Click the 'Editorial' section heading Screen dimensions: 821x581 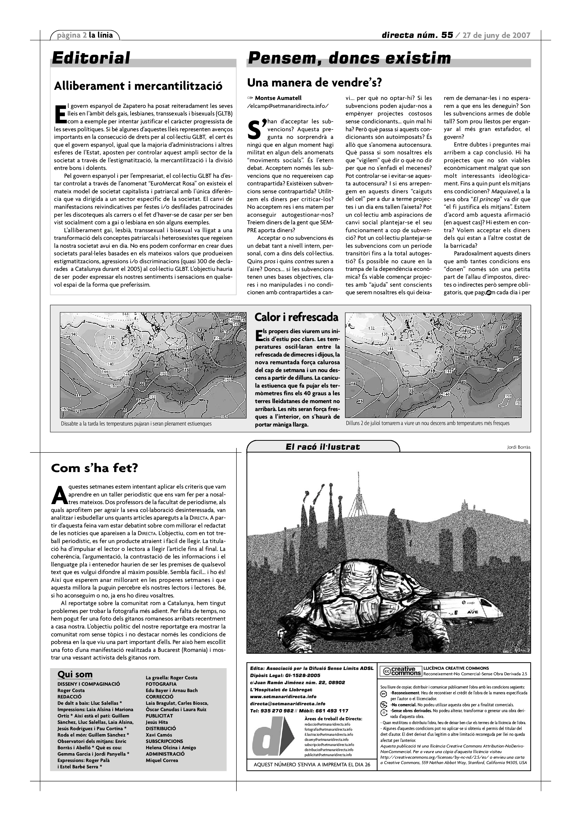[91, 58]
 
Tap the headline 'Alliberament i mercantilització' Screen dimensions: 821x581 [138, 86]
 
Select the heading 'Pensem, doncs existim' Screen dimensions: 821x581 [349, 58]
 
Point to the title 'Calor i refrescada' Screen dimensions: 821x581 [296, 317]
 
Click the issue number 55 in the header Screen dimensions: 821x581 [447, 35]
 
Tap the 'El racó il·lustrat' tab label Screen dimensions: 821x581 [323, 447]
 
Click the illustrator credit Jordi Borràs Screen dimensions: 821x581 [518, 447]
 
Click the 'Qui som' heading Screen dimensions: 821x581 [75, 675]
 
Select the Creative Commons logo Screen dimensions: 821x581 [400, 671]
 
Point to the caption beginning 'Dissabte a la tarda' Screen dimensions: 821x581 [136, 424]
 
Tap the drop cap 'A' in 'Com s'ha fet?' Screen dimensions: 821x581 [57, 494]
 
